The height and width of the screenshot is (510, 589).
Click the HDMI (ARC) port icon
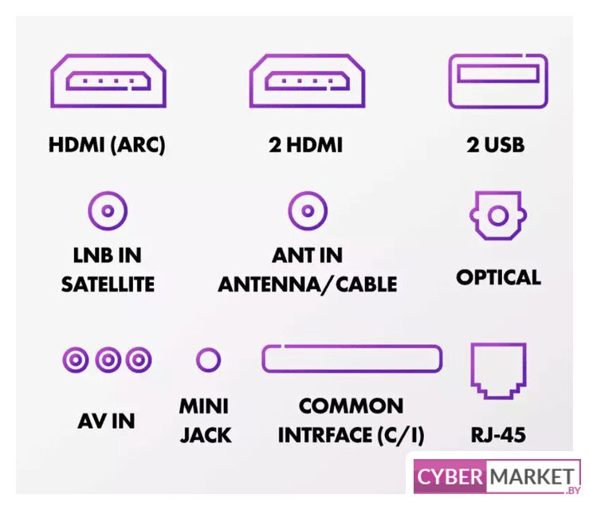[108, 80]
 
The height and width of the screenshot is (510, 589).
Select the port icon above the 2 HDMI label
[307, 80]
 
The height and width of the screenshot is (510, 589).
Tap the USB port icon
[497, 80]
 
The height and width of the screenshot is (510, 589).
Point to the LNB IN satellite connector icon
[108, 212]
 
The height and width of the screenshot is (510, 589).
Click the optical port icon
[498, 215]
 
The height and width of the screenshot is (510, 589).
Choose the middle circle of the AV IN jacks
[108, 360]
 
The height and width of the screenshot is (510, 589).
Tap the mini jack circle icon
[208, 360]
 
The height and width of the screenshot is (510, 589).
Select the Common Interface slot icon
[351, 359]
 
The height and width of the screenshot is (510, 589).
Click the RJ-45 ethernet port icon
[498, 370]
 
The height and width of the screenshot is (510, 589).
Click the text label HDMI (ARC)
[107, 146]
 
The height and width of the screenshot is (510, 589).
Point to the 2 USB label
[496, 146]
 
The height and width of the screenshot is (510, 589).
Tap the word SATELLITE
[108, 284]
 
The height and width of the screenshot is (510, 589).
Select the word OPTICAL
[498, 277]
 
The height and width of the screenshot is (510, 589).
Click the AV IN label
[106, 421]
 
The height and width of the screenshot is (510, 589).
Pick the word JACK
[205, 435]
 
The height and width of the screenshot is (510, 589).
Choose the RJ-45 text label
[498, 435]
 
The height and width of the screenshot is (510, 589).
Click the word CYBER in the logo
[449, 477]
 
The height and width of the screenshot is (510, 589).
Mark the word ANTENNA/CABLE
[308, 284]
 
